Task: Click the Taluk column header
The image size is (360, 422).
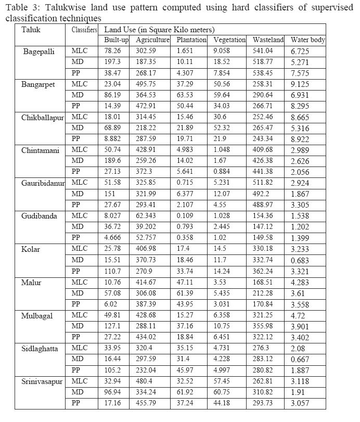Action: tap(31, 30)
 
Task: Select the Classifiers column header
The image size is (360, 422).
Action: tap(83, 30)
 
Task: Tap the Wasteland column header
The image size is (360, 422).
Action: tap(268, 40)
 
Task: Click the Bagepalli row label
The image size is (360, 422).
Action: tap(39, 51)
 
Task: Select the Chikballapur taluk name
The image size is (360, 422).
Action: tap(43, 118)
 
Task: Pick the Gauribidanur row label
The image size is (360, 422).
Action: tap(44, 183)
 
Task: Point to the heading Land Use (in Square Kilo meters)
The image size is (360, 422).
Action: tap(159, 30)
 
